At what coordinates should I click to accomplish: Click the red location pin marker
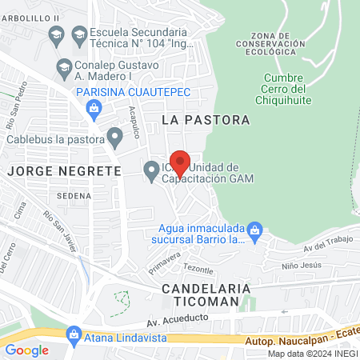point(181,162)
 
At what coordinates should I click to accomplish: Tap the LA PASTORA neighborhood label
point(206,119)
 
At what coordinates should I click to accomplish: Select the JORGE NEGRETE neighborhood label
point(63,170)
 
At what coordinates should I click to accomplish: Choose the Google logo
point(27,350)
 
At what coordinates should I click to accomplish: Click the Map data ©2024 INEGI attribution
point(312,354)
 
